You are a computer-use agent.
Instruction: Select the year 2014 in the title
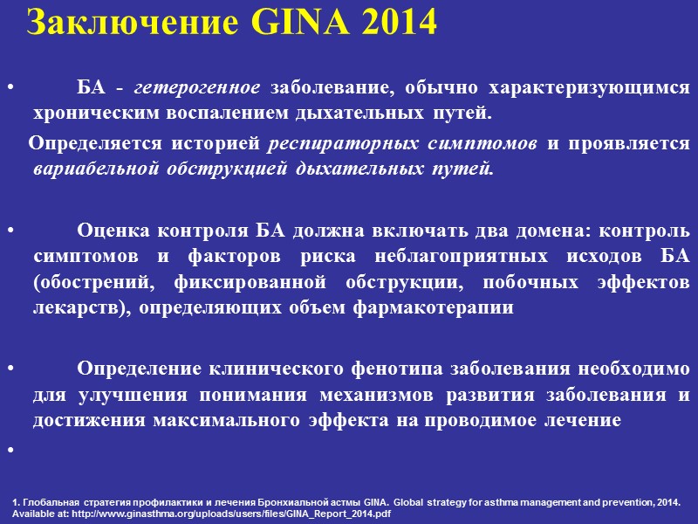pos(394,24)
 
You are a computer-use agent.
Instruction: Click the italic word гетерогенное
pos(202,88)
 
